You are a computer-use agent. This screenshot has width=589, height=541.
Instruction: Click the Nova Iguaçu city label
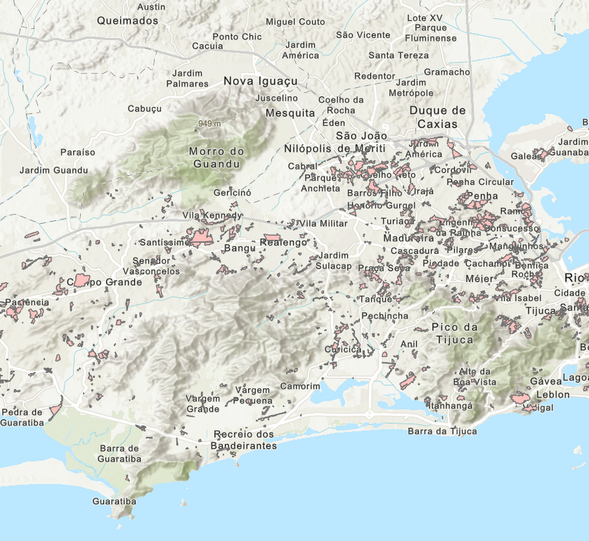260,82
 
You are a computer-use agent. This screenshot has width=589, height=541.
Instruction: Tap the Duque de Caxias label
438,117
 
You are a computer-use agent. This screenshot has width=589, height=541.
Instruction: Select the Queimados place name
128,20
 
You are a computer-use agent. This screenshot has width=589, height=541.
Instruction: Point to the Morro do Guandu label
216,158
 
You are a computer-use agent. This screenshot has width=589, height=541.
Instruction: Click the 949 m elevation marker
209,124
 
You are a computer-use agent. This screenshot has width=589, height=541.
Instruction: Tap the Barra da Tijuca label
443,431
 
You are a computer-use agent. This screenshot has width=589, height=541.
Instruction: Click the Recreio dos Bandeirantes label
245,440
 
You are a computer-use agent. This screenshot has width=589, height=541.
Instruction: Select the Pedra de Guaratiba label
22,416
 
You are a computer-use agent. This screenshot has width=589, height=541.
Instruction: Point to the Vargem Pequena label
253,395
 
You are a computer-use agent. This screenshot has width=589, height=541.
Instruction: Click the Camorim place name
300,386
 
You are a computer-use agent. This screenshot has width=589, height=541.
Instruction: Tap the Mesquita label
290,113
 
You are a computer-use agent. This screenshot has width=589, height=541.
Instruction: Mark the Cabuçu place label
145,108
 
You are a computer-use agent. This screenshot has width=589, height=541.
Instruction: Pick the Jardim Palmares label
187,78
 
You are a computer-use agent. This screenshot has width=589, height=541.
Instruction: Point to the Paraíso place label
77,152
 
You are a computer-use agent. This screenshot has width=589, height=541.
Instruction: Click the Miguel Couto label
295,22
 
